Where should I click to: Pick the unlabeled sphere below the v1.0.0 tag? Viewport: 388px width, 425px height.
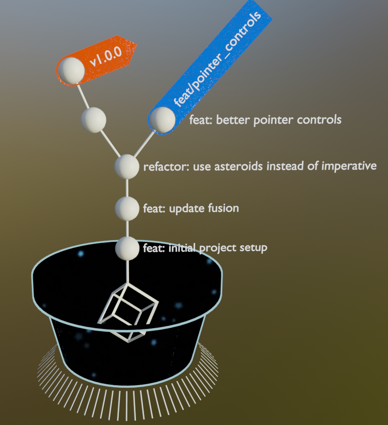(93, 120)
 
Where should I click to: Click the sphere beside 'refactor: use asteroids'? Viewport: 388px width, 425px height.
(127, 166)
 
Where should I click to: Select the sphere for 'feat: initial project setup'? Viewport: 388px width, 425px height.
(127, 248)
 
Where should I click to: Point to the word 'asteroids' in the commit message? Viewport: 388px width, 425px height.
(241, 167)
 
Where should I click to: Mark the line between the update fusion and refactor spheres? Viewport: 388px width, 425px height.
(127, 188)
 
